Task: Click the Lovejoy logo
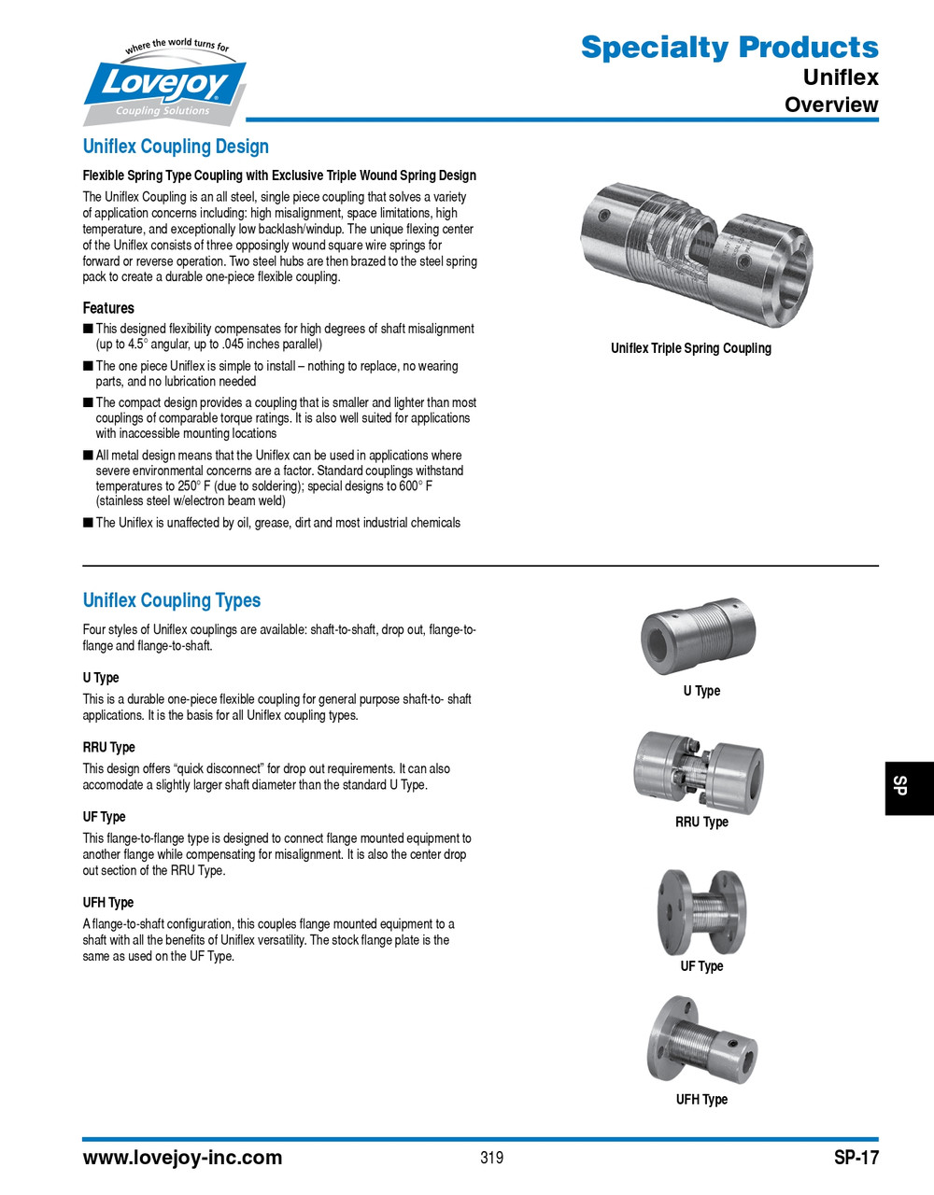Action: pos(165,84)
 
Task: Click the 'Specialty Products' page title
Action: pos(729,47)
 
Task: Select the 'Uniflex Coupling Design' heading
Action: pos(176,147)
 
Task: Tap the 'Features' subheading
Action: pos(108,308)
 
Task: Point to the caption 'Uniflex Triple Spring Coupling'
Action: pos(691,348)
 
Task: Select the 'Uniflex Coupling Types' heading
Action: pos(172,600)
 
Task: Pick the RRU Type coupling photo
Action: pos(700,770)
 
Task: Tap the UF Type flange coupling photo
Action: pos(701,911)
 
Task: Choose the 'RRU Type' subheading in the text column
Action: pos(108,747)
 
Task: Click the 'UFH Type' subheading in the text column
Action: pos(108,903)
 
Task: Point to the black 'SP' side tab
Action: pos(907,788)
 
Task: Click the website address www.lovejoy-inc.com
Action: pos(182,1158)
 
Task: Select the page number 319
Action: pos(491,1158)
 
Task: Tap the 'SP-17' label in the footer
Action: pos(856,1158)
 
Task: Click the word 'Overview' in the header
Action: pos(830,105)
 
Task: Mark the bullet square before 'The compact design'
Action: pos(88,402)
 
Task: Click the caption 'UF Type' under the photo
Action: pos(701,966)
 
